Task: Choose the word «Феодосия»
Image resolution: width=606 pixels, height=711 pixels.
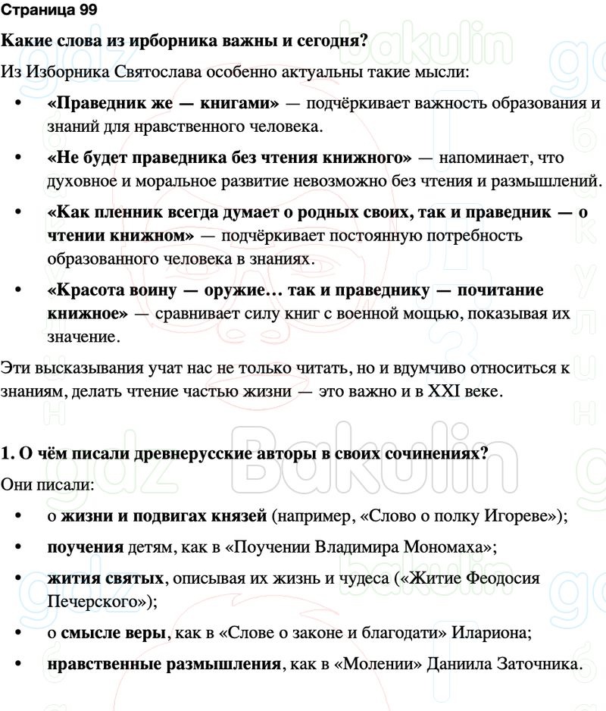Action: point(503,579)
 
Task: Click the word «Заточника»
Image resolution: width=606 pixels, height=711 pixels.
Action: point(543,665)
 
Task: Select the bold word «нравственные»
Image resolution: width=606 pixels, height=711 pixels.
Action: point(98,665)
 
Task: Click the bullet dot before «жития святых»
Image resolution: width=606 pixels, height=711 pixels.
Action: point(17,579)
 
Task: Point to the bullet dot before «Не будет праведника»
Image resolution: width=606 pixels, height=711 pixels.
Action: point(17,158)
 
